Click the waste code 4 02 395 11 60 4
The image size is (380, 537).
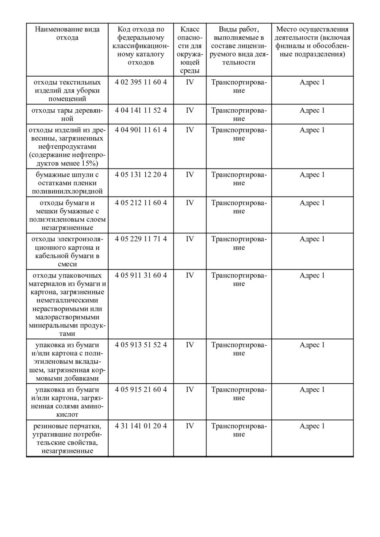(x=141, y=82)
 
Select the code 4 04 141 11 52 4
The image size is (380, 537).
(x=141, y=110)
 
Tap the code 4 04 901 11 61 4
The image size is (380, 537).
(x=141, y=130)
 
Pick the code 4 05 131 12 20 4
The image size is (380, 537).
(x=141, y=175)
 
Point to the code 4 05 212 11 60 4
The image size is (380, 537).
(x=141, y=203)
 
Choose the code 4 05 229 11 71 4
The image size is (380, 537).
(x=141, y=239)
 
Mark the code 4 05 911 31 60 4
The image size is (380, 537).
(x=141, y=276)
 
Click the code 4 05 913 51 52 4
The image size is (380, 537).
(x=141, y=345)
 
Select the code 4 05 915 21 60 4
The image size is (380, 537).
(x=141, y=390)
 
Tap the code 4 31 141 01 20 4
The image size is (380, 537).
(x=141, y=426)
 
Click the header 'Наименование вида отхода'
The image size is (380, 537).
(x=67, y=33)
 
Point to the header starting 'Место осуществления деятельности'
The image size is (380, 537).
(x=312, y=42)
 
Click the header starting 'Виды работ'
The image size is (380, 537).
(x=239, y=46)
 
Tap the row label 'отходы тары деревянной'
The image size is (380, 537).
(x=67, y=115)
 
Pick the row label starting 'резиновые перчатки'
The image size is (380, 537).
(x=67, y=438)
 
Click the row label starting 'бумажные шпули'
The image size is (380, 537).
(x=67, y=183)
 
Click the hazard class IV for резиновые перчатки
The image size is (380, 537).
(x=190, y=426)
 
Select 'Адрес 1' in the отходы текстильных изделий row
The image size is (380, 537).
(x=312, y=82)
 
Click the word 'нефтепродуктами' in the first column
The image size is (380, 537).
(x=67, y=147)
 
